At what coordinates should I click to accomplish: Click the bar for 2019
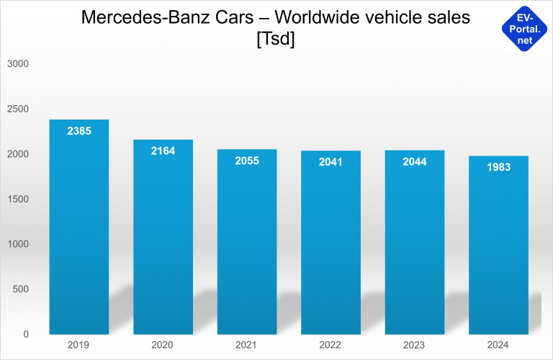pyautogui.click(x=78, y=230)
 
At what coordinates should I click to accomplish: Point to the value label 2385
pyautogui.click(x=78, y=131)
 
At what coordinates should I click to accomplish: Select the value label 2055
pyautogui.click(x=247, y=161)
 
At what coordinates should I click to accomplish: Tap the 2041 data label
pyautogui.click(x=331, y=162)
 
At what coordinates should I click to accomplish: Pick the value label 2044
pyautogui.click(x=415, y=161)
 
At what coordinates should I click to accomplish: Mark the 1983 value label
pyautogui.click(x=498, y=167)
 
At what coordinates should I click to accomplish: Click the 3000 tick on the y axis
pyautogui.click(x=17, y=63)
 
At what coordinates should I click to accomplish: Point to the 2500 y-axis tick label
pyautogui.click(x=17, y=109)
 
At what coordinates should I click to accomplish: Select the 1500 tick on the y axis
pyautogui.click(x=17, y=199)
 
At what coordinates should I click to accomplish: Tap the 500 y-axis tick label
pyautogui.click(x=19, y=289)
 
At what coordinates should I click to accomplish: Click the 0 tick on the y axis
pyautogui.click(x=25, y=334)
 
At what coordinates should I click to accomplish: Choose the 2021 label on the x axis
pyautogui.click(x=247, y=345)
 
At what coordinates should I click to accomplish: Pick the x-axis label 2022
pyautogui.click(x=331, y=345)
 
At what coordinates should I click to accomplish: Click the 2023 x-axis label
pyautogui.click(x=415, y=345)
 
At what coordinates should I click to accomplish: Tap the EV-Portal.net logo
pyautogui.click(x=525, y=28)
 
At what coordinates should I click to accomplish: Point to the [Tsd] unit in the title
pyautogui.click(x=276, y=39)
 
